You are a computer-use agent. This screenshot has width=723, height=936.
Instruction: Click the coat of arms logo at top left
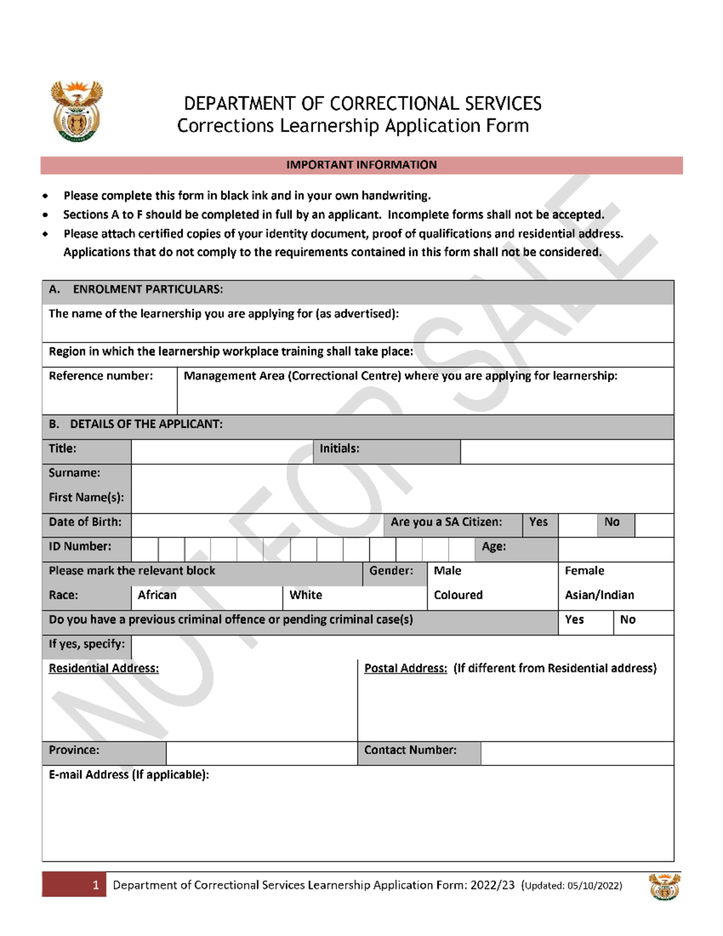click(x=77, y=112)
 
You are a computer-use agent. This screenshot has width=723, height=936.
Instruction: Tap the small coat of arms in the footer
click(x=664, y=887)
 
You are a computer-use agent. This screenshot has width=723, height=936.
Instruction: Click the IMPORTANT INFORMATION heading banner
click(x=361, y=165)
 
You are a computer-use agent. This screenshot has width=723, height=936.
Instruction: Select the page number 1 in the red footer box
click(x=96, y=885)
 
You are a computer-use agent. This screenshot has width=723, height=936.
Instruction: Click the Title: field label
click(x=63, y=449)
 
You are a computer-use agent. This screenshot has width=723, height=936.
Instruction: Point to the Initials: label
click(x=339, y=449)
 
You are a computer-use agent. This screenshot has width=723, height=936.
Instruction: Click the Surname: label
click(x=75, y=473)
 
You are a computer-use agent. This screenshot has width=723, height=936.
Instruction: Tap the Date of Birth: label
click(x=85, y=522)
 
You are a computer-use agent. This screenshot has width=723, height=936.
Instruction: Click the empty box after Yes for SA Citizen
click(x=578, y=526)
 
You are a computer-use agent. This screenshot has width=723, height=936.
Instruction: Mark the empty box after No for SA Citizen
click(x=654, y=526)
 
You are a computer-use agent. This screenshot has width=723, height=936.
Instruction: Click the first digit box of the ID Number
click(x=145, y=550)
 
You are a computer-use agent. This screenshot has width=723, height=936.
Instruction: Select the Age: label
click(x=493, y=547)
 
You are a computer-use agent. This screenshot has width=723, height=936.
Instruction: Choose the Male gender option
click(x=448, y=571)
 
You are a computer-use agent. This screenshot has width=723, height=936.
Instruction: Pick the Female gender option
click(x=584, y=571)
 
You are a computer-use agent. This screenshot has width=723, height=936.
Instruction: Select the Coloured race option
click(x=458, y=595)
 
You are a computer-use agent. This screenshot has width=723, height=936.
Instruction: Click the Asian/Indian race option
click(x=599, y=595)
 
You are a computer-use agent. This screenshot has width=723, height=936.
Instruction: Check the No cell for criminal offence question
click(x=628, y=620)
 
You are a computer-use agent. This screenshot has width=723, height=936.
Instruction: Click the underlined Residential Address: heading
click(x=104, y=668)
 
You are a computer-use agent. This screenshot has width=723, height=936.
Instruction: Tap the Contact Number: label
click(x=410, y=750)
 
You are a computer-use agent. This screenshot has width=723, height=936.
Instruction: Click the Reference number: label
click(x=101, y=376)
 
